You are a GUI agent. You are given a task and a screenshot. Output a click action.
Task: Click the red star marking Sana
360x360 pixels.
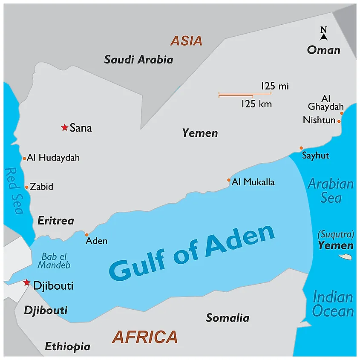pyautogui.click(x=64, y=127)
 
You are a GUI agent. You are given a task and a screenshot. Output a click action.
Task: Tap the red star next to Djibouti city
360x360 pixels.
pyautogui.click(x=27, y=282)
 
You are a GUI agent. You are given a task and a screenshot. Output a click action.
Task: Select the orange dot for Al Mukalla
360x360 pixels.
pyautogui.click(x=229, y=180)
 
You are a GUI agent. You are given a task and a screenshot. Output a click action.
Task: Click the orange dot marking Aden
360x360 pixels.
pyautogui.click(x=87, y=235)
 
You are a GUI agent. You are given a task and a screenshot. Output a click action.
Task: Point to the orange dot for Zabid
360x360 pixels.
pyautogui.click(x=26, y=187)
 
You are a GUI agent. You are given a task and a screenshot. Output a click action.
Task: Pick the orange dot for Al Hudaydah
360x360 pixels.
pyautogui.click(x=24, y=158)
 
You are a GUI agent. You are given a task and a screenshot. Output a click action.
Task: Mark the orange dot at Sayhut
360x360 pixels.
pyautogui.click(x=301, y=148)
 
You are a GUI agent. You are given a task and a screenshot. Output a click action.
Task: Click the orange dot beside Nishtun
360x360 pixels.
pyautogui.click(x=339, y=121)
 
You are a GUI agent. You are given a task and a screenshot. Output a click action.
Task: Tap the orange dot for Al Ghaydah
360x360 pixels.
pyautogui.click(x=342, y=113)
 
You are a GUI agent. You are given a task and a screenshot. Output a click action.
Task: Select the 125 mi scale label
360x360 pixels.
pyautogui.click(x=274, y=86)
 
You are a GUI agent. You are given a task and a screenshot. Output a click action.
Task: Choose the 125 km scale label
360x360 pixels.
pyautogui.click(x=256, y=104)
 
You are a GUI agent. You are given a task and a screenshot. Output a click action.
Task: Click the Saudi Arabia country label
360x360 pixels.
pyautogui.click(x=138, y=60)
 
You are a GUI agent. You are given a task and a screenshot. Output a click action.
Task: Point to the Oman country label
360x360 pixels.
pyautogui.click(x=324, y=50)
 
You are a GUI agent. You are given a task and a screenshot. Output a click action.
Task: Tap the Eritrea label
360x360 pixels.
pyautogui.click(x=55, y=221)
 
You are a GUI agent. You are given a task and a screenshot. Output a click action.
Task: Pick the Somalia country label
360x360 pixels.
pyautogui.click(x=228, y=318)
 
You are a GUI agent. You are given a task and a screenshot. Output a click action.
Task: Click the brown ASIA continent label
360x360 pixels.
pyautogui.click(x=186, y=41)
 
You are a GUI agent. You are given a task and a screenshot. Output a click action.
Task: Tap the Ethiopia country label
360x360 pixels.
pyautogui.click(x=67, y=346)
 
